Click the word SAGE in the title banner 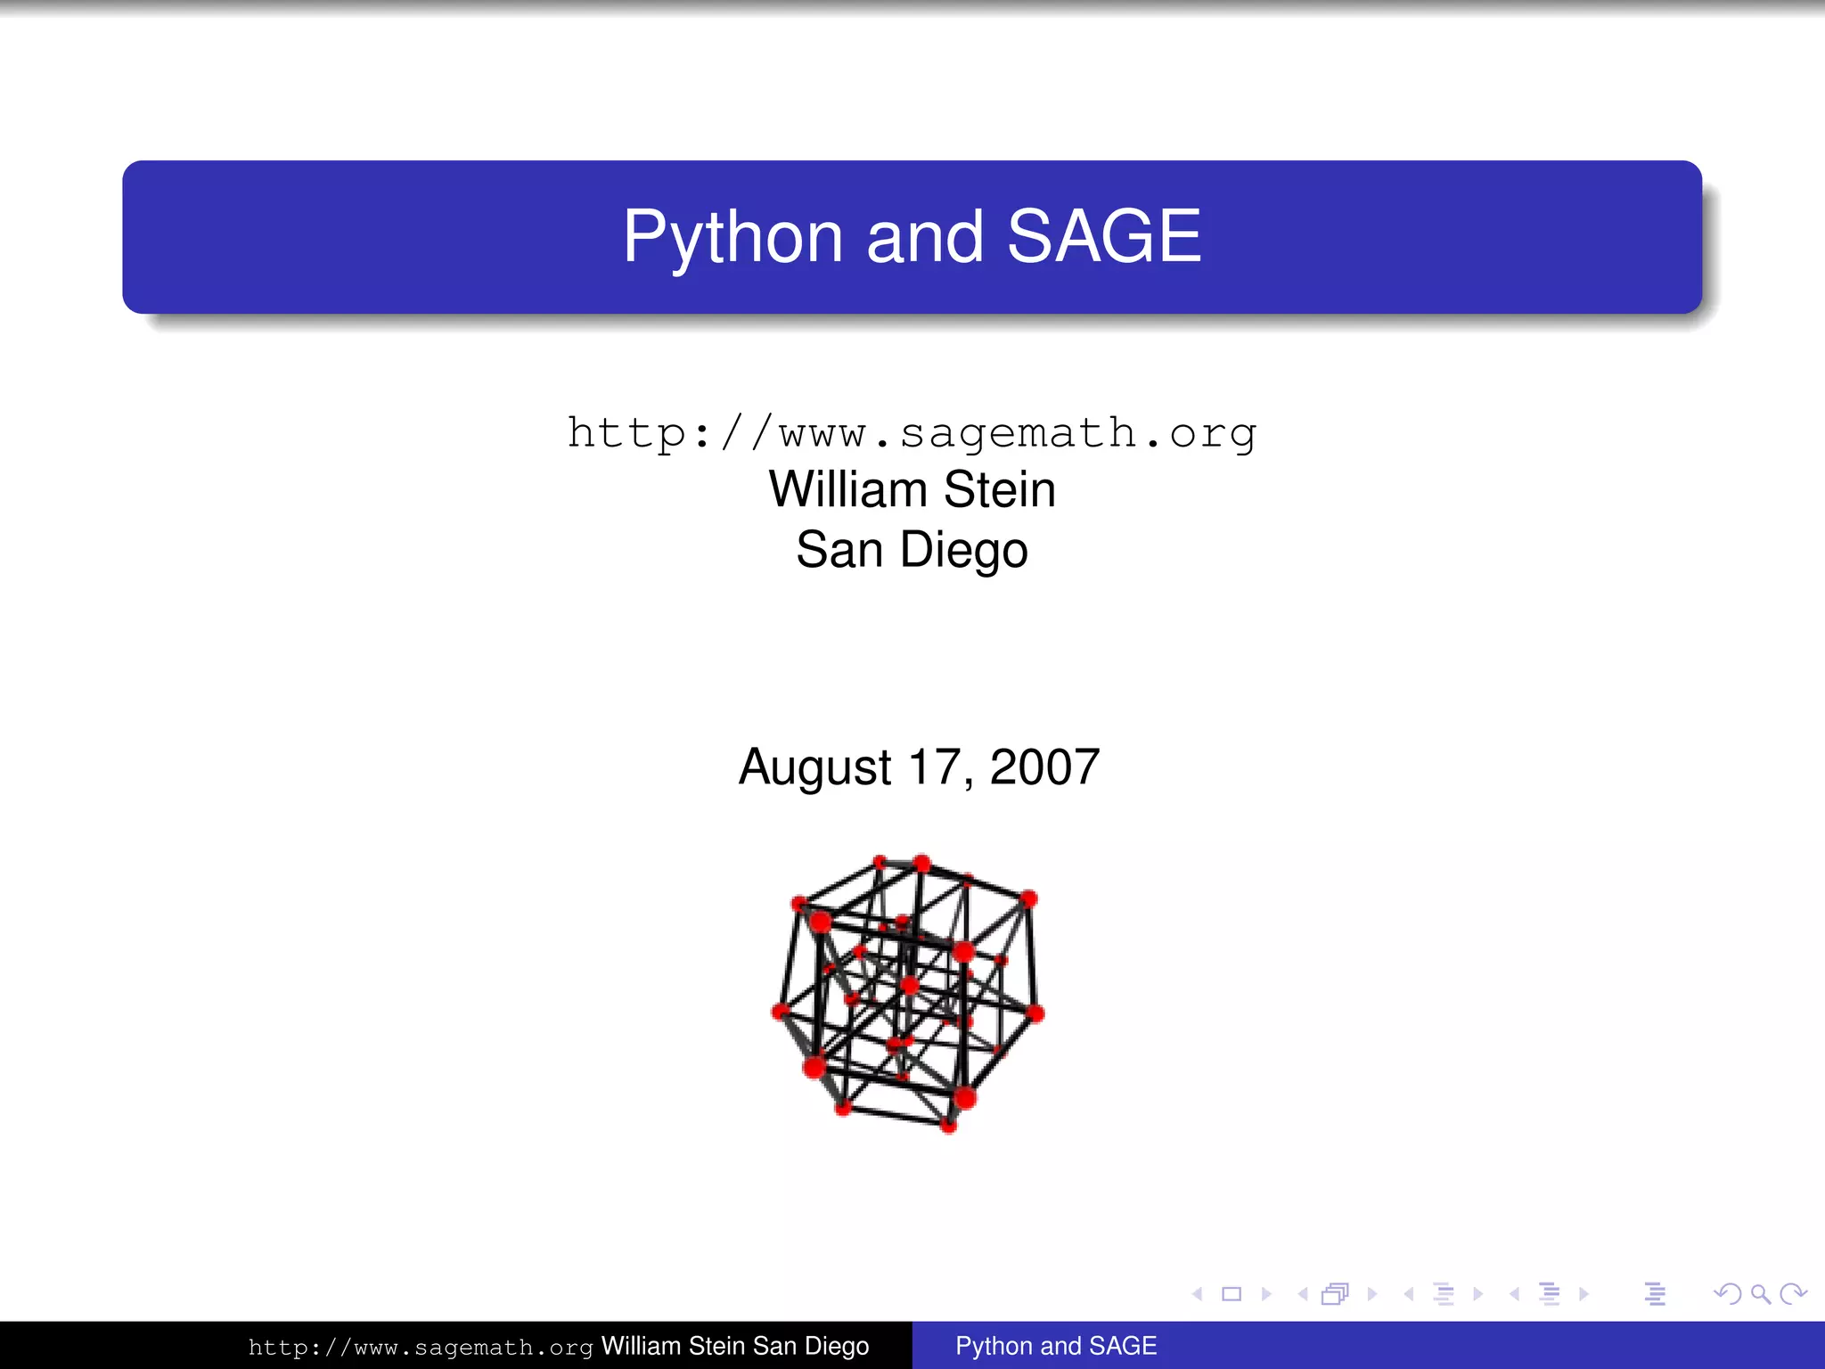point(1104,237)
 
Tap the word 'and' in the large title point(924,237)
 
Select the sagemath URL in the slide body point(912,434)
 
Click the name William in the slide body point(848,489)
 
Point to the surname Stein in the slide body point(999,489)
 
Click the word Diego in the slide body point(963,550)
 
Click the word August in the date point(814,767)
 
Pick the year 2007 point(1044,767)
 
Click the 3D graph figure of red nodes point(907,992)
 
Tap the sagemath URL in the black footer point(420,1347)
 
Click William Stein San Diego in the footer point(734,1346)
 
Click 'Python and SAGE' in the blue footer point(1056,1346)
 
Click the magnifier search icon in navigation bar point(1760,1294)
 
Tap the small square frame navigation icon point(1232,1294)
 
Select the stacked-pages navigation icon point(1335,1294)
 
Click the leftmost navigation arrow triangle point(1198,1294)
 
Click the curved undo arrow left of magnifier point(1727,1294)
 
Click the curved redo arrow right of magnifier point(1793,1294)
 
